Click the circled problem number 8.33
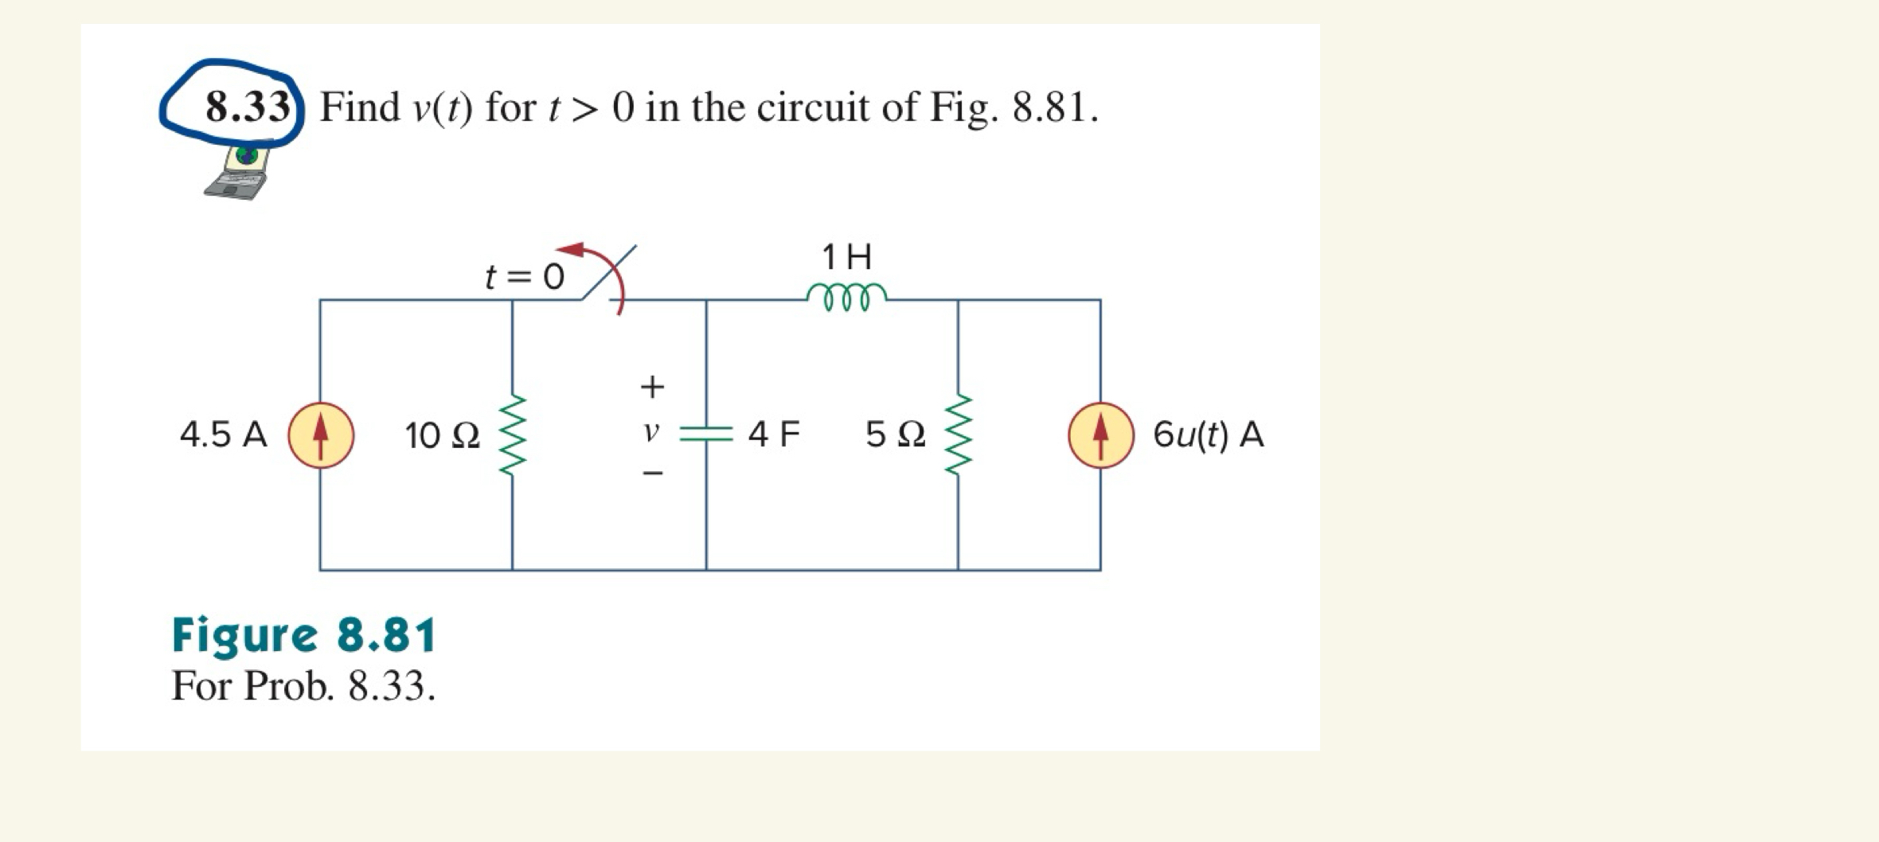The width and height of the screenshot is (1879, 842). pyautogui.click(x=247, y=107)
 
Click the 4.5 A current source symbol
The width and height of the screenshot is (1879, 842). pyautogui.click(x=320, y=435)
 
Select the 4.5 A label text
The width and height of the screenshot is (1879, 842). pyautogui.click(x=223, y=435)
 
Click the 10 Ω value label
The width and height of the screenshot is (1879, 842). pyautogui.click(x=442, y=435)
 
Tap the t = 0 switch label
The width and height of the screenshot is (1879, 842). pyautogui.click(x=525, y=277)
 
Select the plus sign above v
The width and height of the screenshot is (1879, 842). pyautogui.click(x=652, y=387)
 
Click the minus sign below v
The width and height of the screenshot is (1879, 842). pyautogui.click(x=652, y=474)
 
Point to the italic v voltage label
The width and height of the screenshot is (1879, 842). pyautogui.click(x=651, y=432)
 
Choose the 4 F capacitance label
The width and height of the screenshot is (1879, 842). pyautogui.click(x=774, y=435)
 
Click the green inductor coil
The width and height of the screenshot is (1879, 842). pyautogui.click(x=846, y=296)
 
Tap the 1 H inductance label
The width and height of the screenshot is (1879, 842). pyautogui.click(x=846, y=257)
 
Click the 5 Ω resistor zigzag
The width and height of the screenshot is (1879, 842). pyautogui.click(x=958, y=435)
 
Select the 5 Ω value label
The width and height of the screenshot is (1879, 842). pyautogui.click(x=895, y=435)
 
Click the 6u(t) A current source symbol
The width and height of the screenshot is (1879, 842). pyautogui.click(x=1100, y=435)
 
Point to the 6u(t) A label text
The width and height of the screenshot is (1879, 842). pyautogui.click(x=1208, y=435)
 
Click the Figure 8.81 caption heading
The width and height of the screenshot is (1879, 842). pyautogui.click(x=303, y=635)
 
